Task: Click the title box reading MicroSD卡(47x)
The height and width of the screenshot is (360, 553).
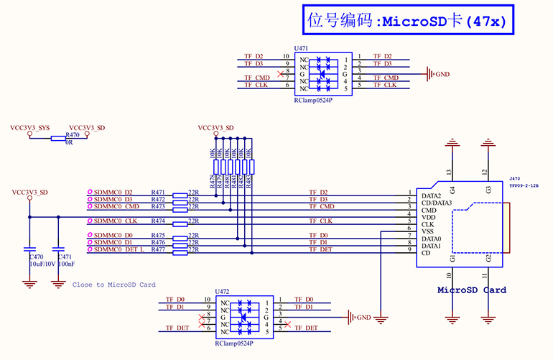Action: [x=406, y=20]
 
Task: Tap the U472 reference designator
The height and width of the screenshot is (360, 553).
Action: [x=223, y=292]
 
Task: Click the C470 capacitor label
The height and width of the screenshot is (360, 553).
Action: [x=37, y=257]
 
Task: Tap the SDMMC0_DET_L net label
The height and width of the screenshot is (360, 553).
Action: [x=118, y=249]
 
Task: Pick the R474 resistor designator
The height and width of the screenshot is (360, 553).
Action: [x=158, y=221]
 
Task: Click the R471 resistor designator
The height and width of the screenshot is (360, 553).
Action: [x=158, y=192]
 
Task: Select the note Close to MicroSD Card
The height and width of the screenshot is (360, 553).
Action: [x=113, y=285]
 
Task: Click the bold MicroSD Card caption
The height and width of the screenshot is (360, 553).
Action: [x=472, y=290]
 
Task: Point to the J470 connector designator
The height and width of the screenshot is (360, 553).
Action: [x=515, y=178]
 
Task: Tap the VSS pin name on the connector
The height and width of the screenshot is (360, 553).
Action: [x=429, y=231]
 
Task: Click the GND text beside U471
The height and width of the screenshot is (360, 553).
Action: [x=442, y=74]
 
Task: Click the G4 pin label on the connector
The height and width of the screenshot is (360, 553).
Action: [x=452, y=189]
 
